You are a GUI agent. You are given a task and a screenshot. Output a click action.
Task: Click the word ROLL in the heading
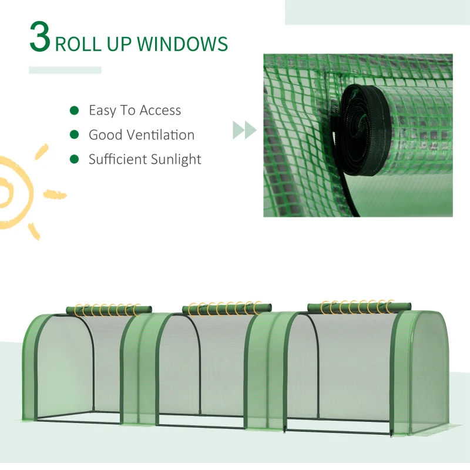click(79, 43)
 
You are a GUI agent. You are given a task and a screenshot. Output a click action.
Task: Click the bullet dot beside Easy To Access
click(74, 110)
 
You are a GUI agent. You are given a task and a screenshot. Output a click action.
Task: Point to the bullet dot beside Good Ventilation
click(74, 135)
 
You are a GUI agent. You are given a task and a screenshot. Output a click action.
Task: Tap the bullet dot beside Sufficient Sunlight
click(74, 159)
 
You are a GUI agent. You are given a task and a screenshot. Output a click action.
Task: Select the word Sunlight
click(174, 160)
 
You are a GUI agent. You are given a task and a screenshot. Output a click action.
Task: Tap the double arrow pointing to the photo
click(244, 130)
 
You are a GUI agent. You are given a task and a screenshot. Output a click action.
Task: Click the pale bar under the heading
click(65, 70)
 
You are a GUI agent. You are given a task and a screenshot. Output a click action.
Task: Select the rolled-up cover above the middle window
click(227, 308)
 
